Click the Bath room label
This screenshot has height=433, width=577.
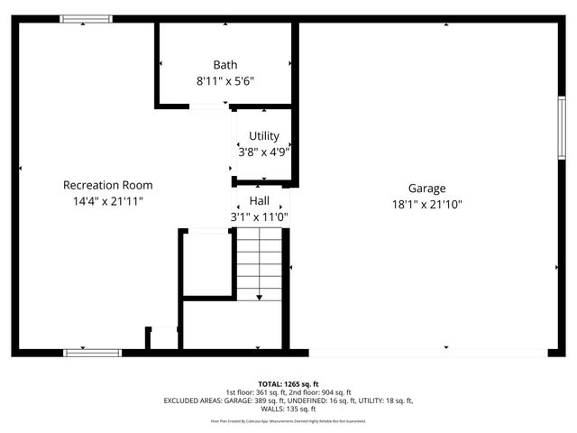[x=225, y=65]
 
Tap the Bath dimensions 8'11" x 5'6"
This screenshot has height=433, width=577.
[x=225, y=80]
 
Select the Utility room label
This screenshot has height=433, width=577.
[x=264, y=136]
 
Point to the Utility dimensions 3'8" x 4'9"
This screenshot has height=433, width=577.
[x=263, y=152]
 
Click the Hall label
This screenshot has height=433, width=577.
[x=260, y=201]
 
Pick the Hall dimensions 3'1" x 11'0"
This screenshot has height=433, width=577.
[x=259, y=217]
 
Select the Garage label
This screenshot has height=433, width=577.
[x=426, y=189]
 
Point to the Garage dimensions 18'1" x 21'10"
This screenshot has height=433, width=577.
[x=426, y=205]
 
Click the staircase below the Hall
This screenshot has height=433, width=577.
[x=260, y=263]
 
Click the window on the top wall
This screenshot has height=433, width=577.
[x=86, y=18]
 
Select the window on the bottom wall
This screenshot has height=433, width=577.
[x=92, y=352]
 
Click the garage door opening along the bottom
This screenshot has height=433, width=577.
[x=427, y=352]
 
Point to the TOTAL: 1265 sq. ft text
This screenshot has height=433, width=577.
[x=288, y=383]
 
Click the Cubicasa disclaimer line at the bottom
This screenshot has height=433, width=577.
[x=288, y=421]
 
